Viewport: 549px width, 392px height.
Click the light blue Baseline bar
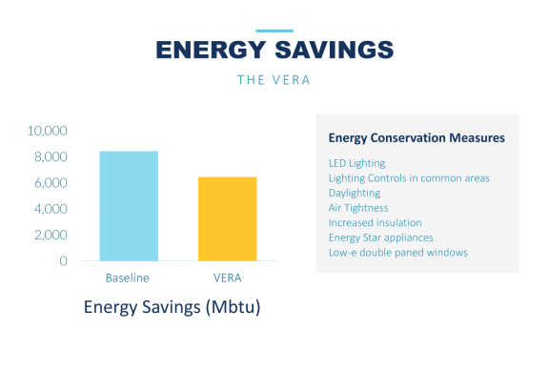129,206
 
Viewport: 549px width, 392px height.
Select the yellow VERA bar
228,219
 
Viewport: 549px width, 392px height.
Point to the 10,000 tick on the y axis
48,131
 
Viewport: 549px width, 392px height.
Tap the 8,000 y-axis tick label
51,156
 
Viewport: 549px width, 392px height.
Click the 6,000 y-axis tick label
51,183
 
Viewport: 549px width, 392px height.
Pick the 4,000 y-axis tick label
51,209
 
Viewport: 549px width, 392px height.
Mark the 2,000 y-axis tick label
51,235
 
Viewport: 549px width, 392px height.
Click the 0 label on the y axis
63,261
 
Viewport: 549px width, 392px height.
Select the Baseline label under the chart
128,278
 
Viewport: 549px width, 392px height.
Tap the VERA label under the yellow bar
228,278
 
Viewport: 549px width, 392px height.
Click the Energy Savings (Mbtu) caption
172,307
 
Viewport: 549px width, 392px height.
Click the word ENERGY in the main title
211,50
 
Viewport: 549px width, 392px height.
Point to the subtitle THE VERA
274,80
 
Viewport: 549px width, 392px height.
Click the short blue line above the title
274,31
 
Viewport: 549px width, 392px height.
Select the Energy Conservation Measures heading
417,138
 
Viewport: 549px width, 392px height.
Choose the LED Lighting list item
356,163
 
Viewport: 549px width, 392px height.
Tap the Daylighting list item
355,193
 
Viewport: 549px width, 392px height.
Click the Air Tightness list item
358,208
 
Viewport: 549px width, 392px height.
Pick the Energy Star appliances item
380,237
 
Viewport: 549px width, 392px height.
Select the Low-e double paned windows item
398,253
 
